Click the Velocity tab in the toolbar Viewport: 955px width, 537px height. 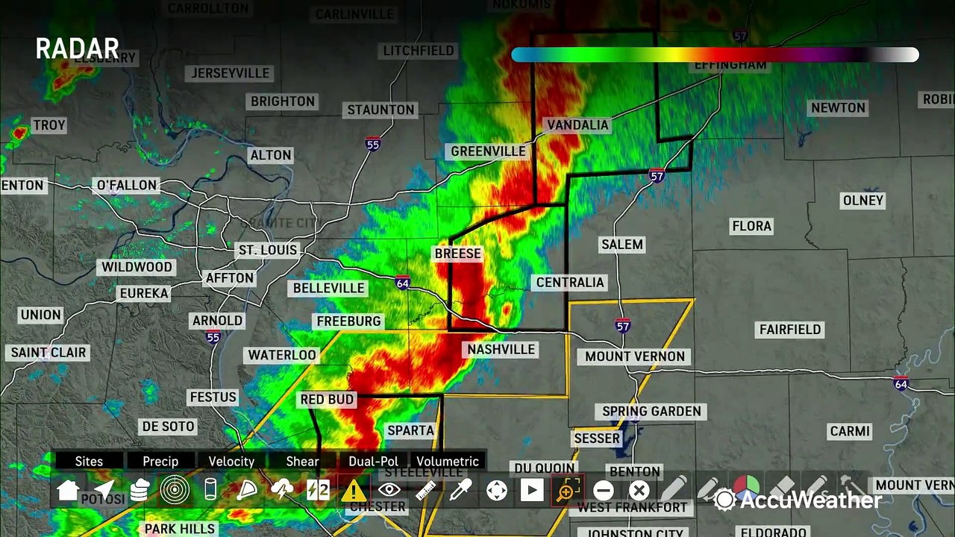231,462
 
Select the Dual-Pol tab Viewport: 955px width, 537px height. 373,462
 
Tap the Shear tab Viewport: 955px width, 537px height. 302,462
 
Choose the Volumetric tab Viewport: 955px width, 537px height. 448,462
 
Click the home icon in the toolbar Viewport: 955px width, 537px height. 68,490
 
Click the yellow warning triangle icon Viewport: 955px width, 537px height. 354,490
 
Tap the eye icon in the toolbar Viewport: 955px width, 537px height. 389,490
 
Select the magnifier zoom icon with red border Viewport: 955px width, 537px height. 567,490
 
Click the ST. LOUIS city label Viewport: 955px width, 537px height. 267,250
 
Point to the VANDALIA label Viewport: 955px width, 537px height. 577,125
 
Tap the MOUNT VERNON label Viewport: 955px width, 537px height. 634,357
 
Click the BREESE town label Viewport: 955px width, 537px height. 457,254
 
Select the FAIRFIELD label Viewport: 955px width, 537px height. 790,330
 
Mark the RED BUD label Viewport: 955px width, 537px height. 327,400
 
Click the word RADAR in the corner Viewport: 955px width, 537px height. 78,49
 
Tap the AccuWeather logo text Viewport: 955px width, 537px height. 810,500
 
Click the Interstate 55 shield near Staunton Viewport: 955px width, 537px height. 373,144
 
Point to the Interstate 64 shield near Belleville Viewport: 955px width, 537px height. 403,283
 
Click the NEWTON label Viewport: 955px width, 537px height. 838,108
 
